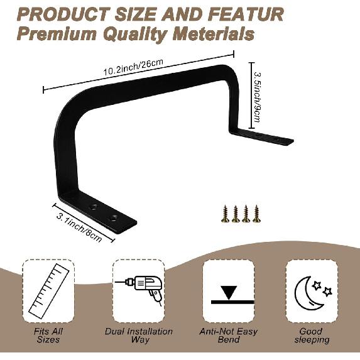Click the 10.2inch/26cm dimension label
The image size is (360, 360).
coord(133,67)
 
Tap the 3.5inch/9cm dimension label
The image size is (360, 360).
coord(258,97)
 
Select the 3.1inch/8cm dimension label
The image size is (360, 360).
coord(79,228)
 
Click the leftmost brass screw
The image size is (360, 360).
coord(225,214)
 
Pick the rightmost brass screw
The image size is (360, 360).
coord(257,214)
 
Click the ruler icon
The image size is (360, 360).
coord(48,292)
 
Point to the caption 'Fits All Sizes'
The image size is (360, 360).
coord(48,335)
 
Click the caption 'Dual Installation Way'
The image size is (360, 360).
coord(139,335)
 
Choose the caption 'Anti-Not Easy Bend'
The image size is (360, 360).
coord(229,335)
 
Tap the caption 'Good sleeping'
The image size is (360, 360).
coord(312,335)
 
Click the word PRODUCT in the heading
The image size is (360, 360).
coord(63,14)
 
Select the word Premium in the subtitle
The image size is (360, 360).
coord(57,34)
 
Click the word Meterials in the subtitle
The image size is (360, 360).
coord(214,34)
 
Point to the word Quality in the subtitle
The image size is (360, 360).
coord(135,35)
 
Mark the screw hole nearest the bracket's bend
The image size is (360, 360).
coord(94,207)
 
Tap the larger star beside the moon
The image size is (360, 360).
coord(317,285)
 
